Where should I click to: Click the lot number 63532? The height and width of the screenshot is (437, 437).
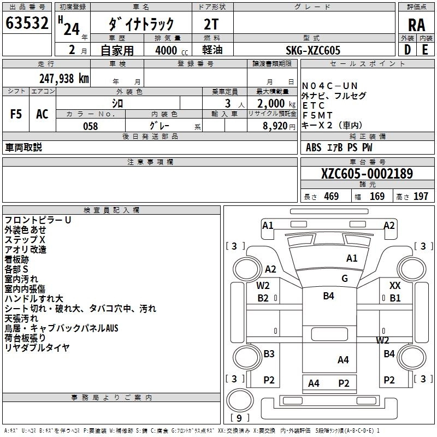coord(27,23)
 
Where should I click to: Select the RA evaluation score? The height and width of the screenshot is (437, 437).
coord(416,25)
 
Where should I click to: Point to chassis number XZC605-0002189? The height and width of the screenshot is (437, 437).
coord(367,174)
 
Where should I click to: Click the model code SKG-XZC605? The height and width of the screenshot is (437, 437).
coord(313,50)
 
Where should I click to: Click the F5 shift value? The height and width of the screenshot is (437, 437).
coord(16,114)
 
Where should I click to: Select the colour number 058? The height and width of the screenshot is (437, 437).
coord(90,126)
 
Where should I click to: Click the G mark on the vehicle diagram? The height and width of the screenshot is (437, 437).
coord(345,279)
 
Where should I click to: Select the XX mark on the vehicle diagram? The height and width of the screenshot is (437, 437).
coord(395,285)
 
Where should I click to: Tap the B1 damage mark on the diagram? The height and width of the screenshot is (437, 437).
coord(395,298)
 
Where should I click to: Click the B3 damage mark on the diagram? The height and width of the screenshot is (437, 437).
coord(269,354)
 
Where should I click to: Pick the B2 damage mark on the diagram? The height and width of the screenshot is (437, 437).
coord(263,298)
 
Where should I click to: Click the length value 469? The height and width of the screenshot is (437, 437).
coord(331,197)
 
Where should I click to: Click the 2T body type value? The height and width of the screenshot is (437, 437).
coord(211,24)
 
